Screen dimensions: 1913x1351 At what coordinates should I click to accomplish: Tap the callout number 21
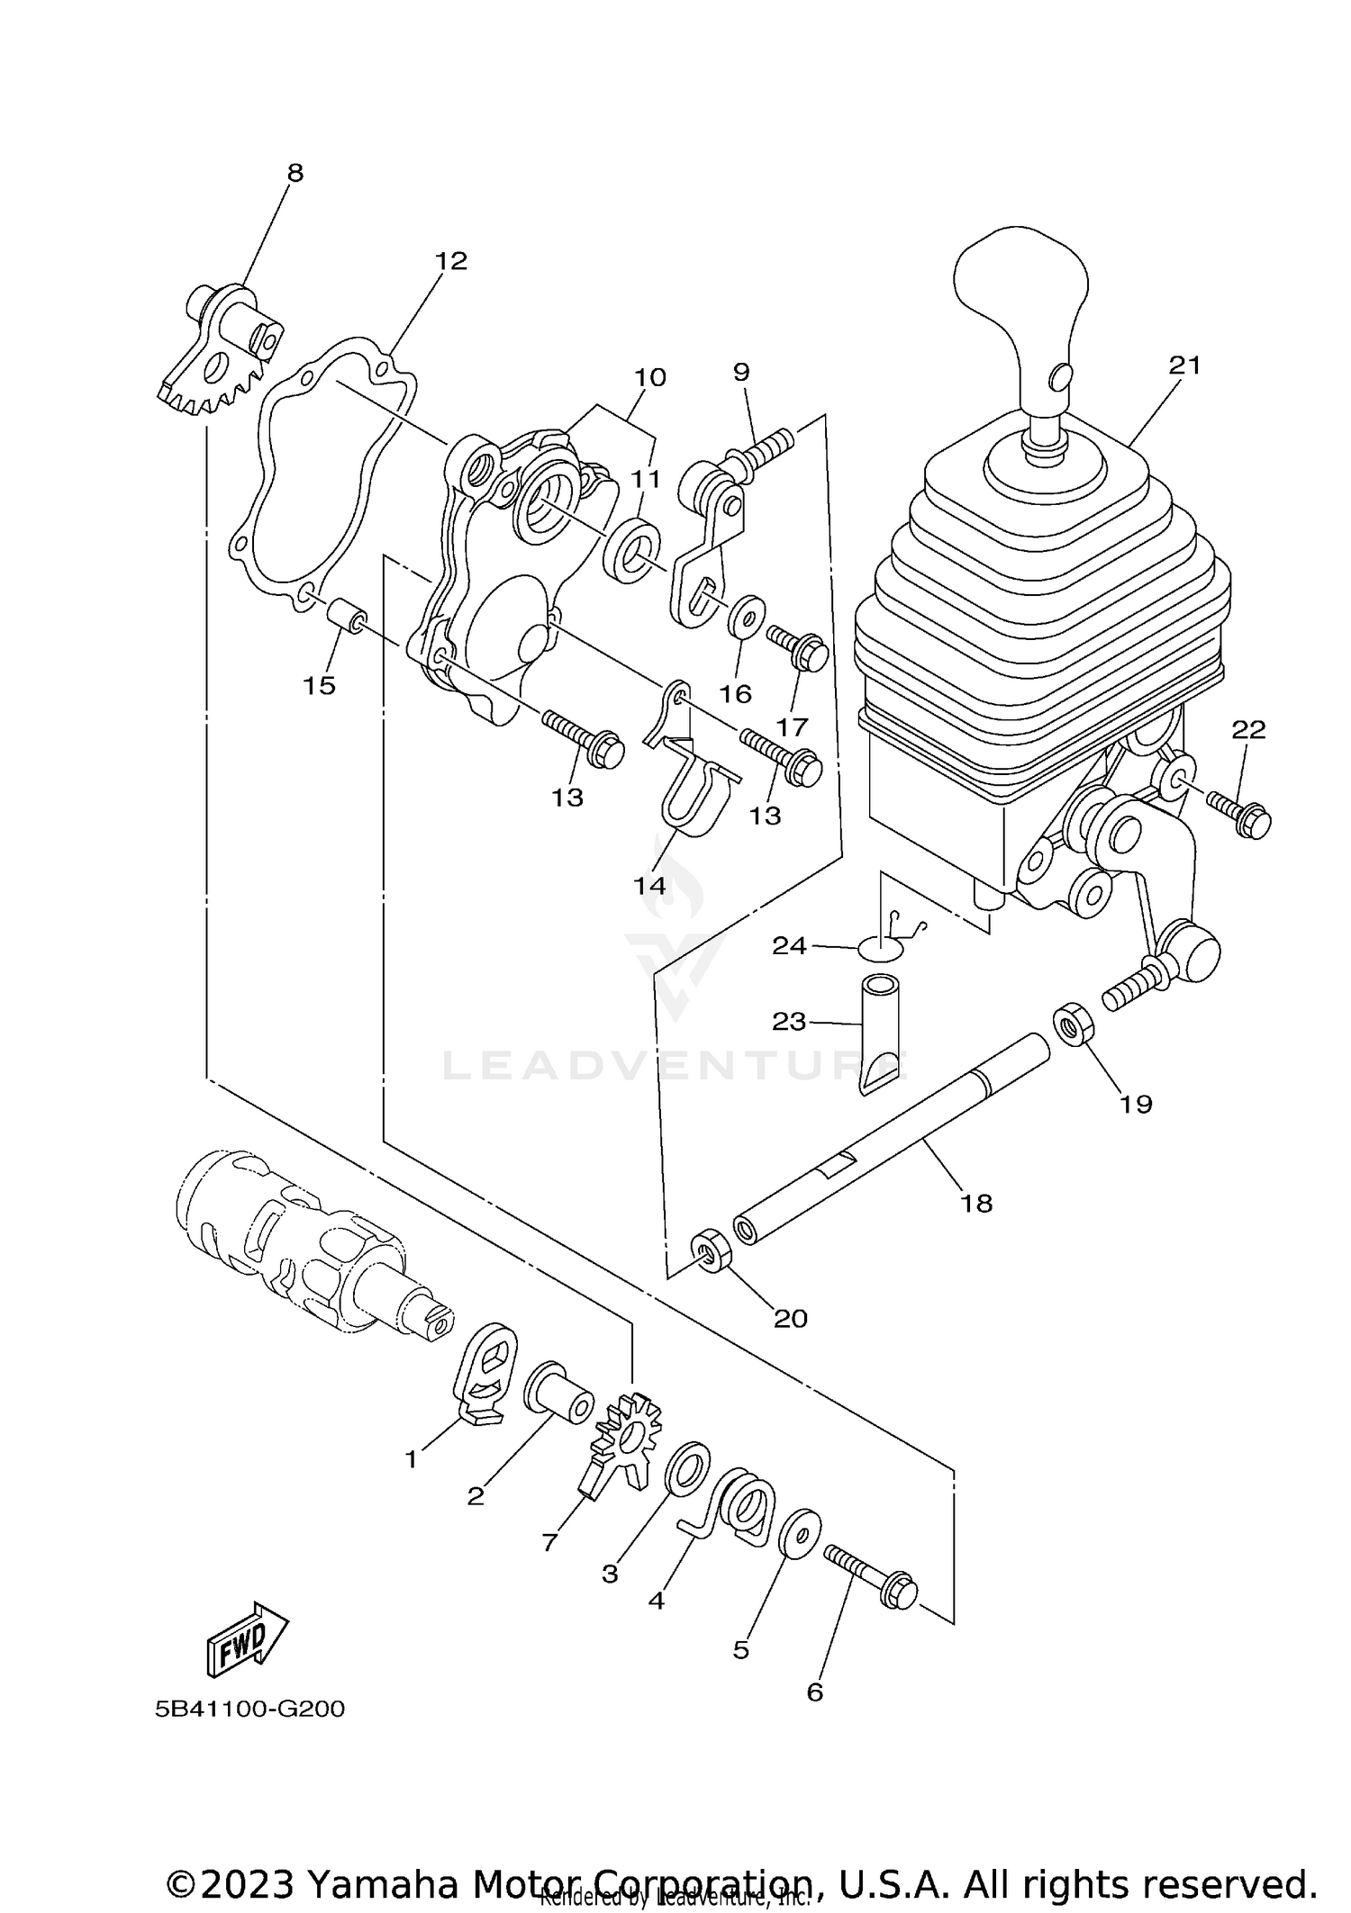(1185, 365)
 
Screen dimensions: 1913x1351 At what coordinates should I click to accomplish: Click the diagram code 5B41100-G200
(249, 1709)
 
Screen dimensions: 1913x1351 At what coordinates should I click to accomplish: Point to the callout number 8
(295, 173)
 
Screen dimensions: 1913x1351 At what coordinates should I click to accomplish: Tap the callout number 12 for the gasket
(451, 261)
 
